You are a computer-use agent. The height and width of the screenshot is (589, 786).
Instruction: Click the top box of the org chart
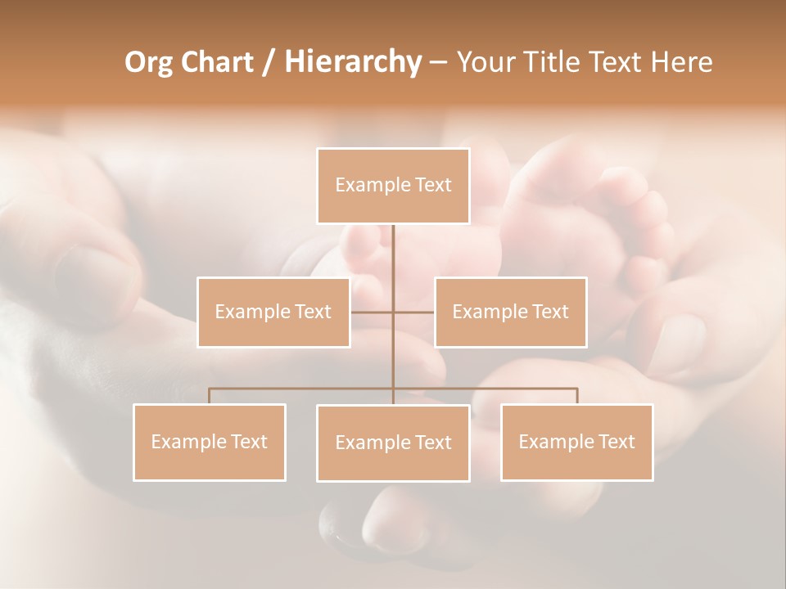[x=393, y=186]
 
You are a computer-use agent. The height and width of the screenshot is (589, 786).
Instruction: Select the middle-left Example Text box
[x=273, y=312]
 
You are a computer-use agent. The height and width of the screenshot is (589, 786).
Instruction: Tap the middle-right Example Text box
[x=510, y=312]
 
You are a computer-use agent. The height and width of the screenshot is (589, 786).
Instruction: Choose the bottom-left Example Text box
[x=210, y=442]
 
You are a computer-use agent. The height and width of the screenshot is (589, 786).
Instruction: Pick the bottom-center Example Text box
[x=393, y=443]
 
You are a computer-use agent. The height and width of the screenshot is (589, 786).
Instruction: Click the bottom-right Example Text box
[x=576, y=442]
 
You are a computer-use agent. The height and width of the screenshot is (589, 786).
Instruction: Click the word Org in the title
[x=148, y=62]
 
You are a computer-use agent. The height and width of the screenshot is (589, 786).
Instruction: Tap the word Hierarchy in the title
[x=352, y=62]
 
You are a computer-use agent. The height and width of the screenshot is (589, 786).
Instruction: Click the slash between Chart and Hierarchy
[x=269, y=63]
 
